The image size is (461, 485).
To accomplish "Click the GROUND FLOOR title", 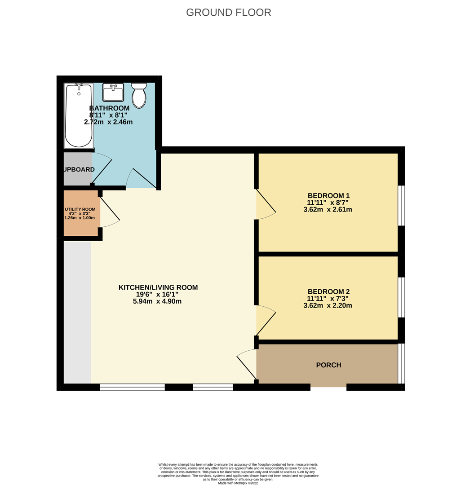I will [228, 12].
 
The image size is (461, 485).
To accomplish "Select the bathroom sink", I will [113, 93].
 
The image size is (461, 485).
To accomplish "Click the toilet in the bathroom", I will [139, 95].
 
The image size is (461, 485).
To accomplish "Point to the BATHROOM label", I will [109, 108].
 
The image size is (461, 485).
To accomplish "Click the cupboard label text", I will [79, 169].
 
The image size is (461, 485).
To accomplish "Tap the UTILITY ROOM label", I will [80, 209].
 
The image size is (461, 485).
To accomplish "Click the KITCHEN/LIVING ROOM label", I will [158, 287].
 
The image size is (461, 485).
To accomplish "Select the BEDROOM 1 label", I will [328, 196].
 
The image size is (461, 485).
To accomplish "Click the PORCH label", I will [328, 365].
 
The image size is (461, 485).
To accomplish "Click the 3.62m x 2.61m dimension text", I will [328, 209].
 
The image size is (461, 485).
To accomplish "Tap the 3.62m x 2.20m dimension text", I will [328, 305].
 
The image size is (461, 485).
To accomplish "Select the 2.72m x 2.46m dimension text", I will [108, 122].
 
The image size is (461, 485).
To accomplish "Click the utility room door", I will [109, 211].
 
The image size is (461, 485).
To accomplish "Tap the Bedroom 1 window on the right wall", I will [402, 205].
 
